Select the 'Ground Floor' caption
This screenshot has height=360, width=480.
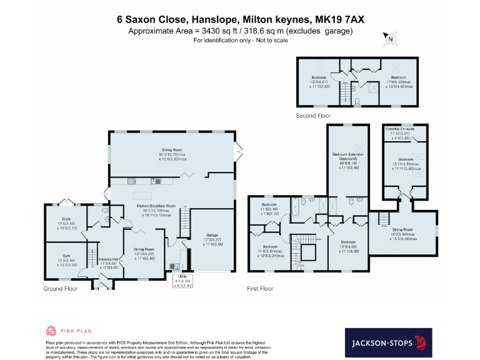(x=61, y=289)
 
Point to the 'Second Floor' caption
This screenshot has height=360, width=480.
(x=313, y=116)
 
